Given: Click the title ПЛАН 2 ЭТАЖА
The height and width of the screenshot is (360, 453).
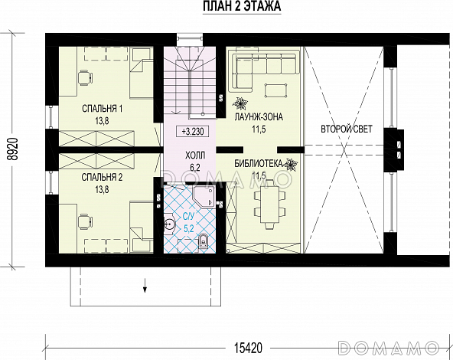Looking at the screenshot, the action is (x=242, y=7).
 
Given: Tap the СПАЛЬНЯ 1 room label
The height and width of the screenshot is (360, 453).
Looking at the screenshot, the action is (x=102, y=109).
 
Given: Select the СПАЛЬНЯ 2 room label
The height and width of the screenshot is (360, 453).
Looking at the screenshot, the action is (x=102, y=177).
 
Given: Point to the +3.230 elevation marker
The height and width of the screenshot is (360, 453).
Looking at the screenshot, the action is (x=192, y=132).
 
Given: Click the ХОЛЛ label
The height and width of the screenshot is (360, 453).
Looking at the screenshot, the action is (x=195, y=155).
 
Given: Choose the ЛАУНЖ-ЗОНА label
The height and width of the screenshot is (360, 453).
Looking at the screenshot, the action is (x=259, y=117).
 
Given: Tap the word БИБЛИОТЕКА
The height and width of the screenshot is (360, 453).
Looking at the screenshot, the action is (x=259, y=164).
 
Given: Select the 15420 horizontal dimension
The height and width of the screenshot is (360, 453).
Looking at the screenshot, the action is (x=248, y=348).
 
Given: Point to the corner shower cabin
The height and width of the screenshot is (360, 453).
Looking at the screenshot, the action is (x=204, y=196).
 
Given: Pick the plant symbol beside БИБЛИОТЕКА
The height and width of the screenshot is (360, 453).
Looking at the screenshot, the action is (x=291, y=165).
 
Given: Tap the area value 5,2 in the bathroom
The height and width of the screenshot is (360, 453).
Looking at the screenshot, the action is (x=188, y=229).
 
